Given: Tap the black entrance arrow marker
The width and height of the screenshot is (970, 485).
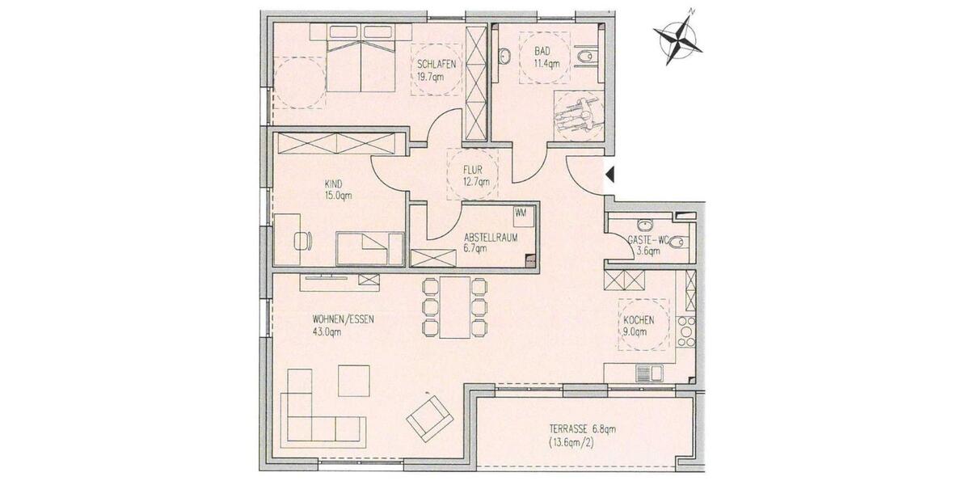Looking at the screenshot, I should coord(611,173).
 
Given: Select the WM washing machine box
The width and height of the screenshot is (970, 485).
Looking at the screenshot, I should coord(521,213).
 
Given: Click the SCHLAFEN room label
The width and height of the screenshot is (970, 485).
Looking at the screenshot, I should coord(436,65).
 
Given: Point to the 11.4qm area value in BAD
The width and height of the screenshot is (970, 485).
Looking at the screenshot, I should coord(547,65).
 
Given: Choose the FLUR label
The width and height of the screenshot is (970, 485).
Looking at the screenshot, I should coord(474,171).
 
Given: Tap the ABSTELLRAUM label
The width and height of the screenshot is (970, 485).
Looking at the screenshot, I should coord(489,238).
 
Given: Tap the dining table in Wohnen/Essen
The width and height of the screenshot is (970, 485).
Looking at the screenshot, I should coord(456,307).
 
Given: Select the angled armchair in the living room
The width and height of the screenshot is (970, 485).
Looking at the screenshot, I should coord(428,415).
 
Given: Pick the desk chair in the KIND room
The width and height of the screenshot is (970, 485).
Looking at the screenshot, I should coord(302,240).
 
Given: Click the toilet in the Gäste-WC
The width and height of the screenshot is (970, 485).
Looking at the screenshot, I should coord(681,240).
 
